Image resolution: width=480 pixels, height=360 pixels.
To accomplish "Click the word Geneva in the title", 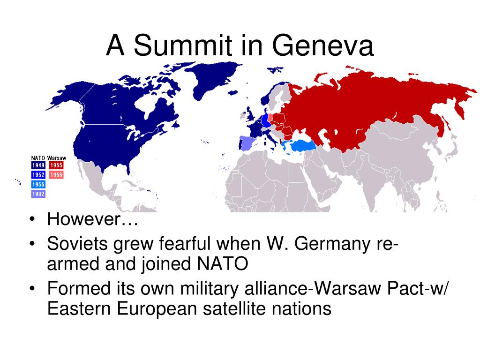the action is [322, 45].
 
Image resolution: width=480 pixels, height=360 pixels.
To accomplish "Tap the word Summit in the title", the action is [183, 45].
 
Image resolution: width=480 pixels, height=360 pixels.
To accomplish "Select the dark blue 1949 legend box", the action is [38, 165].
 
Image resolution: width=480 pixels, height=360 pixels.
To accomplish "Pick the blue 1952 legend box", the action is [38, 175].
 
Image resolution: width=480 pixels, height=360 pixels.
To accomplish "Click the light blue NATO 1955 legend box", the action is [38, 184].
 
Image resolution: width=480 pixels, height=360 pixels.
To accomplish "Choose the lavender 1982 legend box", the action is [38, 194].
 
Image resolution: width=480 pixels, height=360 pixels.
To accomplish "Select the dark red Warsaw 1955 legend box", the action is [56, 165].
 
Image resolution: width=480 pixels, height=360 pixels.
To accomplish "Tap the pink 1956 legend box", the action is [56, 175].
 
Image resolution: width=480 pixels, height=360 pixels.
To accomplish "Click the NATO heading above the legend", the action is [38, 158].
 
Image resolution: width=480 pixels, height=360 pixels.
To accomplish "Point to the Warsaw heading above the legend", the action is [57, 158].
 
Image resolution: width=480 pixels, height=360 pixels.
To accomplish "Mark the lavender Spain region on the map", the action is [248, 143].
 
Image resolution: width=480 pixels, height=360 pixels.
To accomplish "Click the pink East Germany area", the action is [270, 118].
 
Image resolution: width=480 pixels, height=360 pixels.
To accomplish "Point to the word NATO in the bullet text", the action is [223, 263].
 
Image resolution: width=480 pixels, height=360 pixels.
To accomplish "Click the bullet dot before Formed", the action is [32, 289].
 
